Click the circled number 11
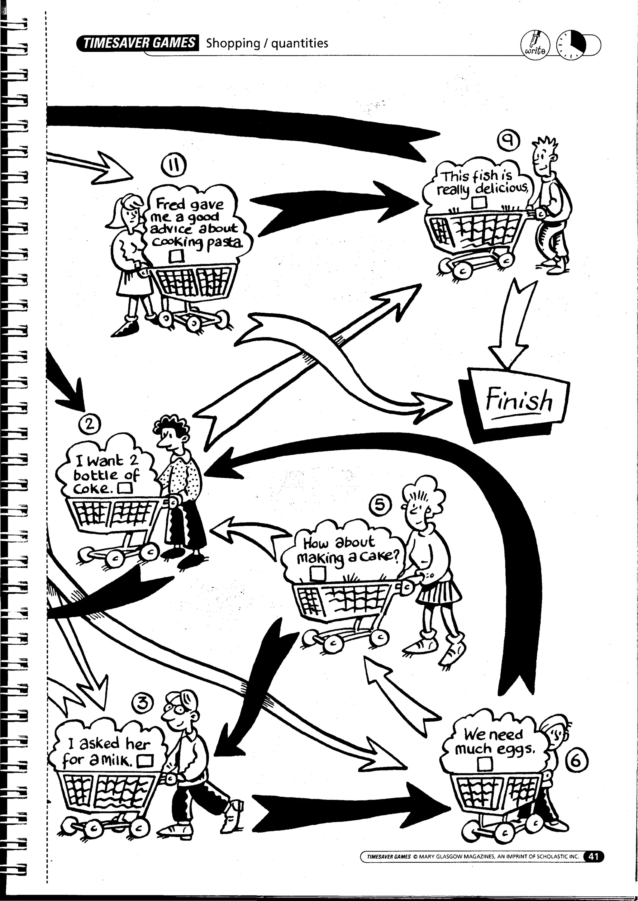[x=174, y=166]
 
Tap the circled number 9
[x=508, y=141]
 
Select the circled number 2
[x=90, y=425]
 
